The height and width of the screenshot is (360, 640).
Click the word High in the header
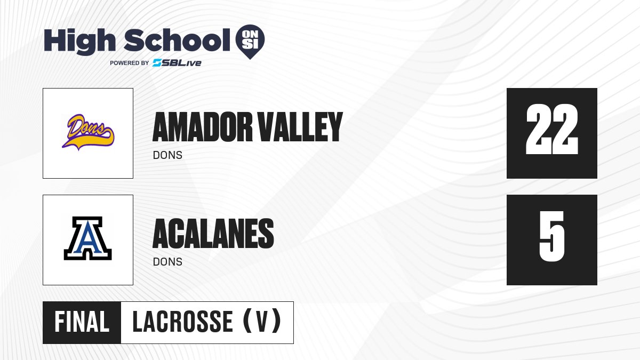tap(79, 42)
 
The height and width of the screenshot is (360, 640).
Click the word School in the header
tap(177, 40)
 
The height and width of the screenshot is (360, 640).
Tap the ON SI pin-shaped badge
tap(250, 42)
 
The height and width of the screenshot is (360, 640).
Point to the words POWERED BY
tap(130, 63)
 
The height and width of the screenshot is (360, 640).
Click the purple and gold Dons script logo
tap(88, 132)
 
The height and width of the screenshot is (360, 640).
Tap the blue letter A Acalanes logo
tap(87, 238)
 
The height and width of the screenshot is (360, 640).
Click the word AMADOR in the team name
tap(203, 127)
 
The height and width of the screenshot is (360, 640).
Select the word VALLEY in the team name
tap(300, 127)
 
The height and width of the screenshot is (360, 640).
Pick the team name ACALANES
tap(213, 234)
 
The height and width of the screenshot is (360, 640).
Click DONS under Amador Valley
tap(167, 155)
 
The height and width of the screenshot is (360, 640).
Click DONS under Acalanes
tap(167, 262)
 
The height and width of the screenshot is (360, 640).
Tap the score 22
tap(552, 129)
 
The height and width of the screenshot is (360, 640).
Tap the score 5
tap(552, 236)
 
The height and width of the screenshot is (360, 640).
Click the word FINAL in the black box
tap(82, 322)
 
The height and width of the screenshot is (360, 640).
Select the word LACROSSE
tap(183, 322)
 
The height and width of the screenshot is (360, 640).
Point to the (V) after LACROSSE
tap(262, 321)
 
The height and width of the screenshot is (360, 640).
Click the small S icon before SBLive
tap(157, 63)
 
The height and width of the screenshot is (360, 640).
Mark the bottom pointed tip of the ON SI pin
tap(250, 59)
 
